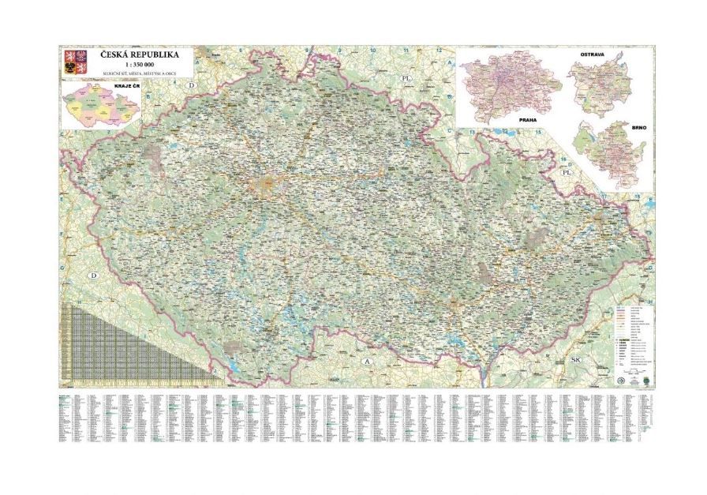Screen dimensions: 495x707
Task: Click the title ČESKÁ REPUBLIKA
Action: point(138,56)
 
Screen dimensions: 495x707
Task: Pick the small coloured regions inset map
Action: point(101,107)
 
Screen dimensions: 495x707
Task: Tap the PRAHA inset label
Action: point(527,118)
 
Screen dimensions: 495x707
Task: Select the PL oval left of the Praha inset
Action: point(407,79)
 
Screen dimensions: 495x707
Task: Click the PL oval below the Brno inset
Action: point(565,171)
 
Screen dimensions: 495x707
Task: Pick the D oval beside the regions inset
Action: point(190,84)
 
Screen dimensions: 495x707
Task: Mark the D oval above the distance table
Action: point(94,276)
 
